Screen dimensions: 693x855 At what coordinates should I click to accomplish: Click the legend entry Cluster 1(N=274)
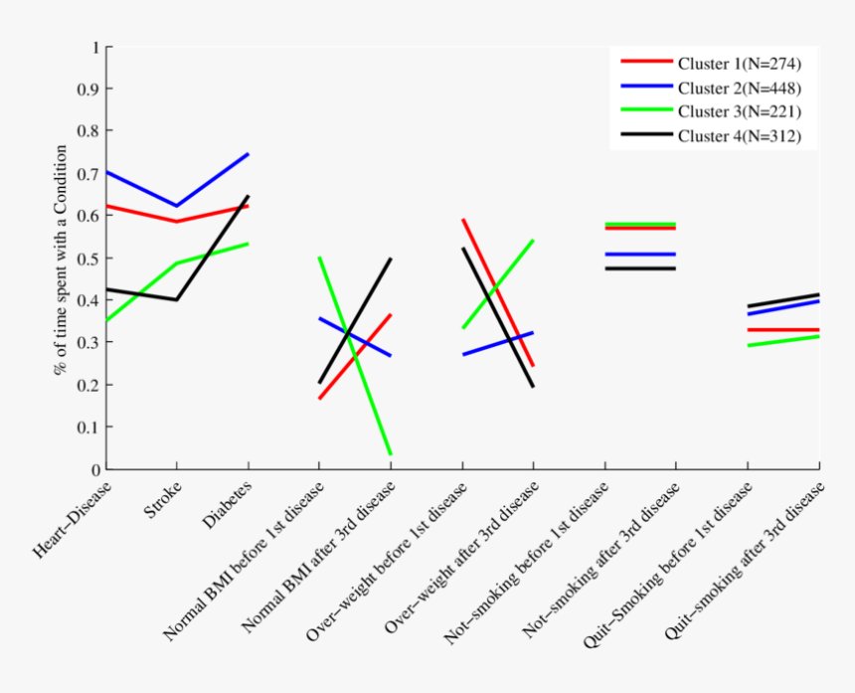(x=739, y=65)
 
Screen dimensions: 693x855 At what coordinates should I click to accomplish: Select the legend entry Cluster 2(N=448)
(x=739, y=88)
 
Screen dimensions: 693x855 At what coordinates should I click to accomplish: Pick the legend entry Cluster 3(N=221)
(x=739, y=111)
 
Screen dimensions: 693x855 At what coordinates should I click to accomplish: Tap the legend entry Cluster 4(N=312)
(x=739, y=135)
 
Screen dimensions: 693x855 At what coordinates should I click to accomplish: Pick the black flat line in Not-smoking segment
(x=639, y=268)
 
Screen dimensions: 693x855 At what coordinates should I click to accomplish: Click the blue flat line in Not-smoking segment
(x=639, y=255)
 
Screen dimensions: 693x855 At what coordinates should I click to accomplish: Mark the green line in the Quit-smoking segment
(x=783, y=341)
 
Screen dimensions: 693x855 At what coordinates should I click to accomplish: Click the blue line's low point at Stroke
(x=177, y=206)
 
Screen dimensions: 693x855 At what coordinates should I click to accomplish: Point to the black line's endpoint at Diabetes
(x=248, y=197)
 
